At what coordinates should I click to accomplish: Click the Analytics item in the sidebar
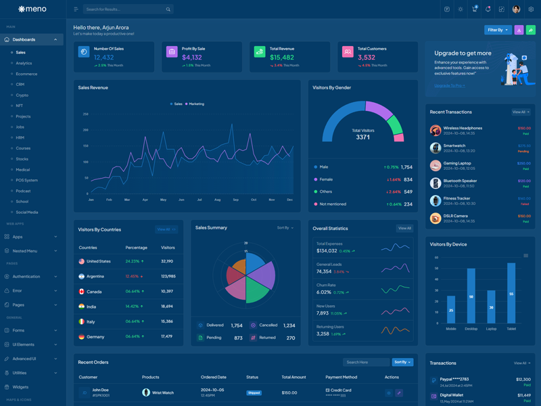(x=24, y=63)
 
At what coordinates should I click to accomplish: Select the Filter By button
(x=497, y=30)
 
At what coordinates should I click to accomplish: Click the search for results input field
(x=125, y=9)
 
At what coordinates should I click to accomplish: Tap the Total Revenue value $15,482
(x=282, y=58)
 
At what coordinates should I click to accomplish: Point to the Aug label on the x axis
(x=218, y=200)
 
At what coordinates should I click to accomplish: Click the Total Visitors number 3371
(x=363, y=137)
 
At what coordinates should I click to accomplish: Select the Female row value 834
(x=408, y=179)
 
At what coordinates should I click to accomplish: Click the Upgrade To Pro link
(x=449, y=86)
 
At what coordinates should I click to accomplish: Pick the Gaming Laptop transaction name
(x=457, y=163)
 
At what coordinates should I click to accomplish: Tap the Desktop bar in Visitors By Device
(x=471, y=296)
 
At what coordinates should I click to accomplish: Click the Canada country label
(x=94, y=292)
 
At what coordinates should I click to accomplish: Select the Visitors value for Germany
(x=167, y=336)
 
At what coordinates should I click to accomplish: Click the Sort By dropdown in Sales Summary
(x=285, y=228)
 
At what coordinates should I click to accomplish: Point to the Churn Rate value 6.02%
(x=324, y=292)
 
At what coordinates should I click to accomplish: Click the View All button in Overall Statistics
(x=404, y=228)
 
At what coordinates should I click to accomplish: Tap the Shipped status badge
(x=254, y=392)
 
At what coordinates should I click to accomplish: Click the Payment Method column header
(x=341, y=377)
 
